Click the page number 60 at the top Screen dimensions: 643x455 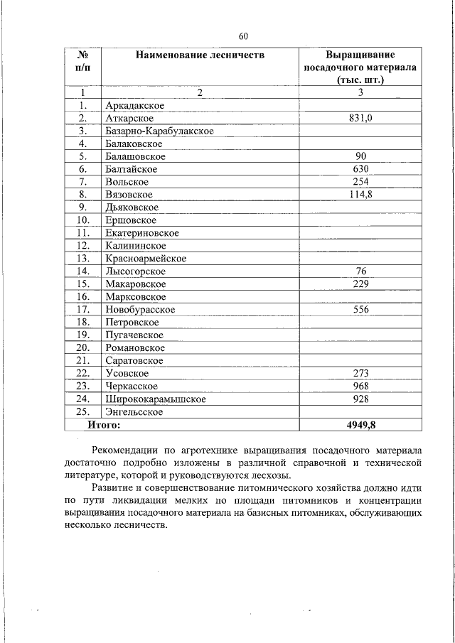tap(243, 36)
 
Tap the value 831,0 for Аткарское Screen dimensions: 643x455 tap(360, 119)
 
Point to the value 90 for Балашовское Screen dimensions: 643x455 tap(360, 156)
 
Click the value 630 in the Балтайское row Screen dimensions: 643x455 tap(360, 169)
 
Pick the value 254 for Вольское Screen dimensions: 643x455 tap(360, 182)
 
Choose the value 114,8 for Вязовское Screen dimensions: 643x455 tap(360, 195)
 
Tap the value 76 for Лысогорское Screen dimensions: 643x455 tap(360, 271)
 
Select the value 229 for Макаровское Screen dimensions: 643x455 tap(360, 284)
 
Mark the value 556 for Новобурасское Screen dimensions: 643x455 tap(360, 310)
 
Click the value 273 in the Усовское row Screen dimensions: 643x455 tap(360, 374)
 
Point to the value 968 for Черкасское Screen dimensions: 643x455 tap(360, 387)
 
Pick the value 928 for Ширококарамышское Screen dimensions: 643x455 tap(360, 399)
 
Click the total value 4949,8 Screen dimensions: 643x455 tap(360, 425)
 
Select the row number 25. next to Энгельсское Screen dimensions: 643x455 tap(83, 412)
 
